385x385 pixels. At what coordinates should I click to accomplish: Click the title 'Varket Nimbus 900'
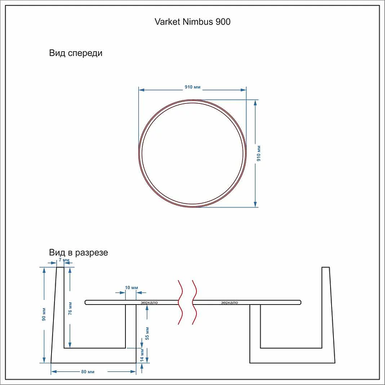(x=192, y=22)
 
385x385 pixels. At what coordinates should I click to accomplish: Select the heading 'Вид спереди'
(x=76, y=53)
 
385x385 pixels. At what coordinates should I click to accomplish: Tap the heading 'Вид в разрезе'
(x=79, y=253)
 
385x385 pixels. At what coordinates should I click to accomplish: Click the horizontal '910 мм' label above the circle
(x=193, y=87)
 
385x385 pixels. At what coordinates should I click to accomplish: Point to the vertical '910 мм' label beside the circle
(x=259, y=152)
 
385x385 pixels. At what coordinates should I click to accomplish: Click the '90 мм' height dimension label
(x=44, y=315)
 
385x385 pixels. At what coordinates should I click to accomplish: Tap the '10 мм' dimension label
(x=131, y=288)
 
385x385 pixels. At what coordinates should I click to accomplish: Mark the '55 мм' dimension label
(x=147, y=333)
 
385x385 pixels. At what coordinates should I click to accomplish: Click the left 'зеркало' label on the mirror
(x=149, y=302)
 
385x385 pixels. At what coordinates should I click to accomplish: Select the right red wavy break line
(x=196, y=302)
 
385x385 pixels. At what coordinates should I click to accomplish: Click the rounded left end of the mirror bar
(x=87, y=302)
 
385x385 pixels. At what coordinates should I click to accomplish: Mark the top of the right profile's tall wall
(x=326, y=267)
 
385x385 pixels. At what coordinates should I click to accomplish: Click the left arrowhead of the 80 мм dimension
(x=52, y=371)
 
